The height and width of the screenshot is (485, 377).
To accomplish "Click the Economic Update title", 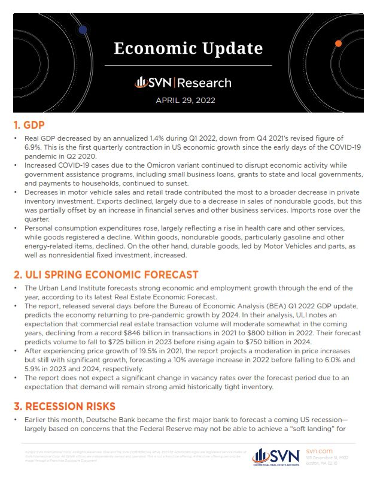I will pyautogui.click(x=188, y=47).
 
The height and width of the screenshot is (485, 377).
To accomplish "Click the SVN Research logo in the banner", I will pyautogui.click(x=183, y=82).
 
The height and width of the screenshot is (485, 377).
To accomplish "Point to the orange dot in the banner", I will pyautogui.click(x=339, y=44).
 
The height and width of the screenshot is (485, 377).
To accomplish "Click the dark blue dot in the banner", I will pyautogui.click(x=83, y=28).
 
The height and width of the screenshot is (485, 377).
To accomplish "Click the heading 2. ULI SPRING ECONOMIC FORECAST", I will pyautogui.click(x=105, y=275).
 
